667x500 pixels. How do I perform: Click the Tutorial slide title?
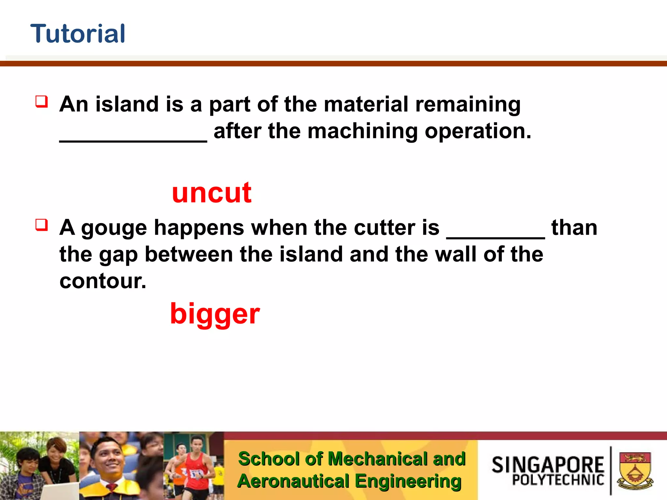pyautogui.click(x=78, y=34)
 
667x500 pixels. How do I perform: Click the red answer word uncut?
pyautogui.click(x=212, y=193)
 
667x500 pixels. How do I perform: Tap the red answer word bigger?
pyautogui.click(x=215, y=314)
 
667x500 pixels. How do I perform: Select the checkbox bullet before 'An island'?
pyautogui.click(x=42, y=102)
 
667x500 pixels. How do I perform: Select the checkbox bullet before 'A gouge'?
pyautogui.click(x=42, y=225)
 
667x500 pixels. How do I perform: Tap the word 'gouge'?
pyautogui.click(x=114, y=228)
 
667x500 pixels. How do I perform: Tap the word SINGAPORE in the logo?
pyautogui.click(x=547, y=465)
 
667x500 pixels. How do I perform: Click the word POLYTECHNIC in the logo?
pyautogui.click(x=558, y=480)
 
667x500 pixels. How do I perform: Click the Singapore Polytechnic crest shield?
pyautogui.click(x=634, y=470)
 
